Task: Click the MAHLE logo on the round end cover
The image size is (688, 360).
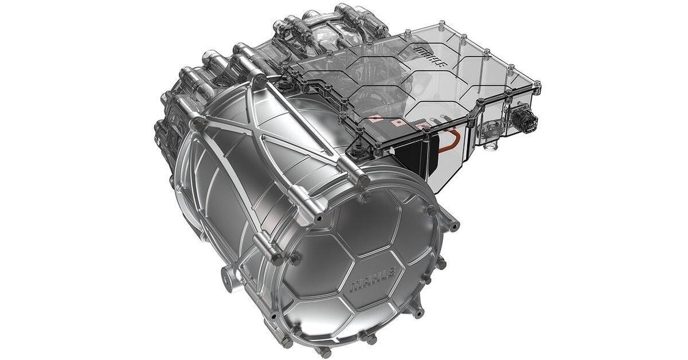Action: point(373,279)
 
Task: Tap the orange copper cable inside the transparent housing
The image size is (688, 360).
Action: point(449,141)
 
